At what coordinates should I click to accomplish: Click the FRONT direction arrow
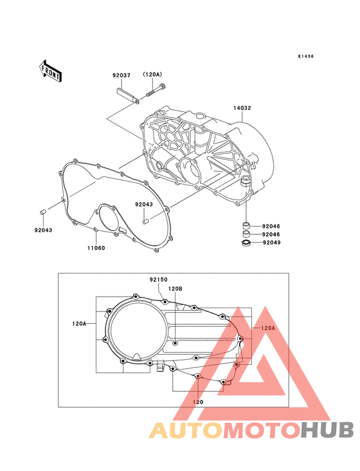tap(50, 71)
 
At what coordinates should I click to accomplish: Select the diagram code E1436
tap(306, 56)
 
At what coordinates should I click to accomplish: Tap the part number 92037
tap(122, 75)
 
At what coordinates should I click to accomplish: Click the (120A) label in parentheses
tap(152, 75)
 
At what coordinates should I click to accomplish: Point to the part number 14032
tap(242, 108)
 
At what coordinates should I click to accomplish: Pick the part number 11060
tap(96, 248)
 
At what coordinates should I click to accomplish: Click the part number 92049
tap(271, 243)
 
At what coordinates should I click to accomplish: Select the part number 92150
tap(159, 280)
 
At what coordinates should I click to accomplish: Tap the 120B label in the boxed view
tap(175, 289)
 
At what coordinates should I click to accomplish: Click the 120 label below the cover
tap(198, 402)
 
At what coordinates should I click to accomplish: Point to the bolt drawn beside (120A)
tap(156, 90)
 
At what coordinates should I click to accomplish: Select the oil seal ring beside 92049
tap(246, 243)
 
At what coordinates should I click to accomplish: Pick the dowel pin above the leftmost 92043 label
tap(42, 212)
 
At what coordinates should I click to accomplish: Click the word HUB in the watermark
tap(328, 430)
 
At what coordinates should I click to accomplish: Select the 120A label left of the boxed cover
tap(79, 324)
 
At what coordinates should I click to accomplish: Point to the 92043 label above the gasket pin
tap(144, 204)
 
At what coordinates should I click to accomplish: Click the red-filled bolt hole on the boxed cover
tap(237, 364)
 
